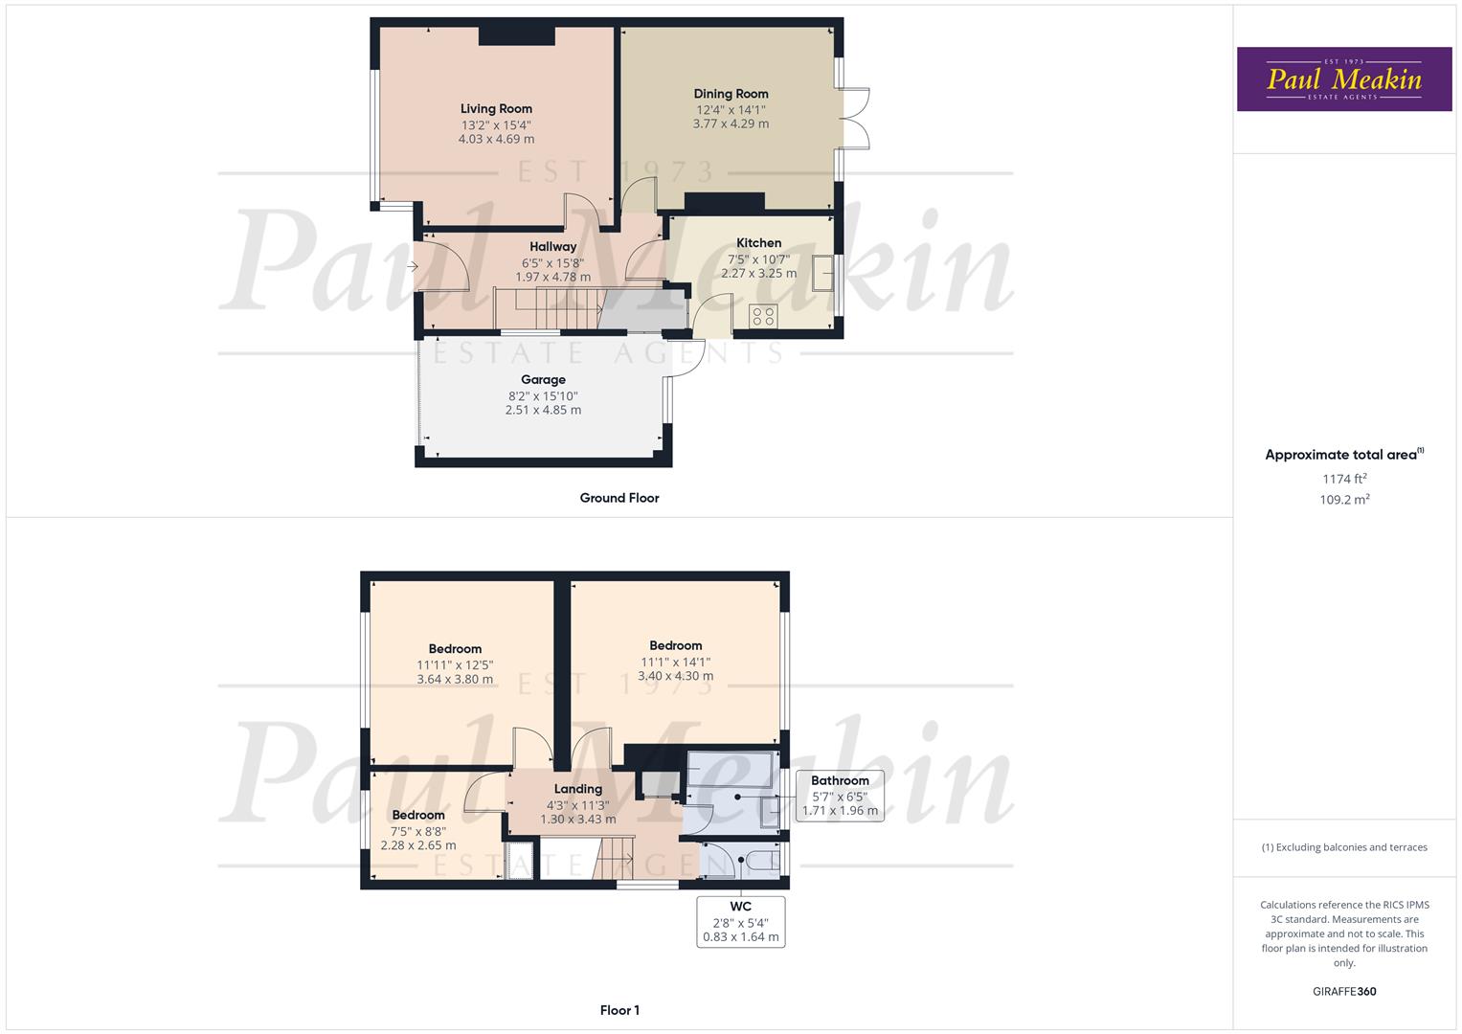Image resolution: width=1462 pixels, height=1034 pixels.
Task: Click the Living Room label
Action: pyautogui.click(x=496, y=109)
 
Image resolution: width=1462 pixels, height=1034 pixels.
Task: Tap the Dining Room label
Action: pyautogui.click(x=731, y=94)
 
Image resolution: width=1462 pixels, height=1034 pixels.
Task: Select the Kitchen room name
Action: pyautogui.click(x=758, y=243)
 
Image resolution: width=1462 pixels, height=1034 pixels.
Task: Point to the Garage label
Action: pyautogui.click(x=543, y=380)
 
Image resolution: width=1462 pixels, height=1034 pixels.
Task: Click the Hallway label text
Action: pyautogui.click(x=553, y=247)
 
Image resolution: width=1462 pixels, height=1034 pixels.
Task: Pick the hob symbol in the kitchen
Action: pyautogui.click(x=763, y=316)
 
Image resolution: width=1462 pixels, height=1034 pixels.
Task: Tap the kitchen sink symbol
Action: pyautogui.click(x=822, y=273)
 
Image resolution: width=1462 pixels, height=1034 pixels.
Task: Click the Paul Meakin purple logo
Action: pyautogui.click(x=1344, y=79)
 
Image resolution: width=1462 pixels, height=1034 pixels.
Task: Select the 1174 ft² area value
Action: pyautogui.click(x=1344, y=479)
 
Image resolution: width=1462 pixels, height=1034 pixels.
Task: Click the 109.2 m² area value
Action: pyautogui.click(x=1344, y=500)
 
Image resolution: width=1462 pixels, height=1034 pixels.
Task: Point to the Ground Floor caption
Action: pyautogui.click(x=619, y=498)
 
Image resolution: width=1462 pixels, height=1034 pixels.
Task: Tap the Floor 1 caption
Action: pyautogui.click(x=619, y=1010)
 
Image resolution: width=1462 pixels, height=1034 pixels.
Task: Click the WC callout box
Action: pyautogui.click(x=741, y=921)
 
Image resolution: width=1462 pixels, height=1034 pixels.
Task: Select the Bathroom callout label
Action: pyautogui.click(x=840, y=781)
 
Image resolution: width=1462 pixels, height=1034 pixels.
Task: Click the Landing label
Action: pyautogui.click(x=578, y=789)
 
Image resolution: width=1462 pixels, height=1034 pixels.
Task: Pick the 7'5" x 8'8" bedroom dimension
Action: pyautogui.click(x=418, y=831)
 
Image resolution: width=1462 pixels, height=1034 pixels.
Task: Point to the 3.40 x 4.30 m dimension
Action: pyautogui.click(x=676, y=676)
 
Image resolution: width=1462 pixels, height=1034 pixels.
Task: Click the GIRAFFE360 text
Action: pyautogui.click(x=1344, y=992)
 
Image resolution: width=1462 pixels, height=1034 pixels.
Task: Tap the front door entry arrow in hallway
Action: pyautogui.click(x=413, y=267)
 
